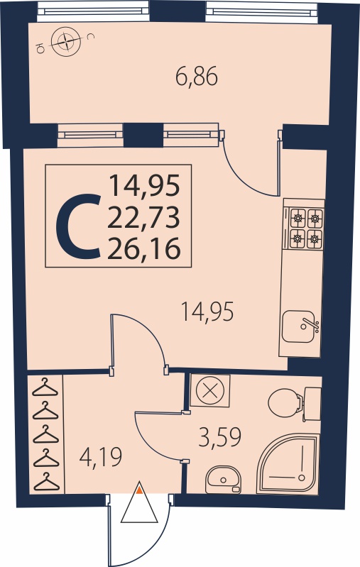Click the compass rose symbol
coord(66,43)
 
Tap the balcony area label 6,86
coord(197,77)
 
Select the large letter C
coord(78,226)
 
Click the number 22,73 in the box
coord(143,218)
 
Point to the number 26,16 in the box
coord(143,249)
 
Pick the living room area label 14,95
coord(207,312)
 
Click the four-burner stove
coord(305,228)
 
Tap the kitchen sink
coord(300,326)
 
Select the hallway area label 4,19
coord(101,457)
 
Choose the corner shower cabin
coord(288,464)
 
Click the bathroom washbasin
coord(223,480)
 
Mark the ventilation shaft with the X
coord(210,390)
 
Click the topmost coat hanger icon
coord(45,387)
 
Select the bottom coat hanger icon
coord(46,481)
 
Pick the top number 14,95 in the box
coord(145,185)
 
